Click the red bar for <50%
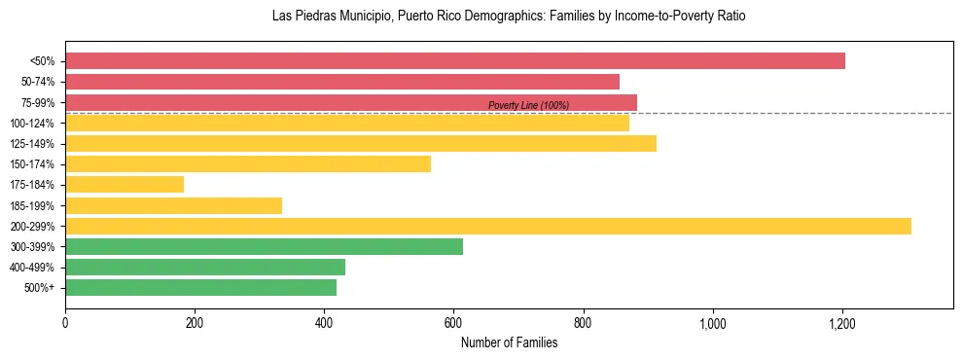point(455,61)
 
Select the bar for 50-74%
point(342,82)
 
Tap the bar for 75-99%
point(351,102)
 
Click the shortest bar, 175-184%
point(125,185)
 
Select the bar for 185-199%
point(173,205)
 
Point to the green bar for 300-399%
point(264,246)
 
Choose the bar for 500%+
point(200,287)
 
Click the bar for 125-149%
point(361,144)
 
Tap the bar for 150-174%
point(248,164)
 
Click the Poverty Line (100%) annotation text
point(528,105)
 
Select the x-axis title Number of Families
point(509,342)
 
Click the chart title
point(509,17)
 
